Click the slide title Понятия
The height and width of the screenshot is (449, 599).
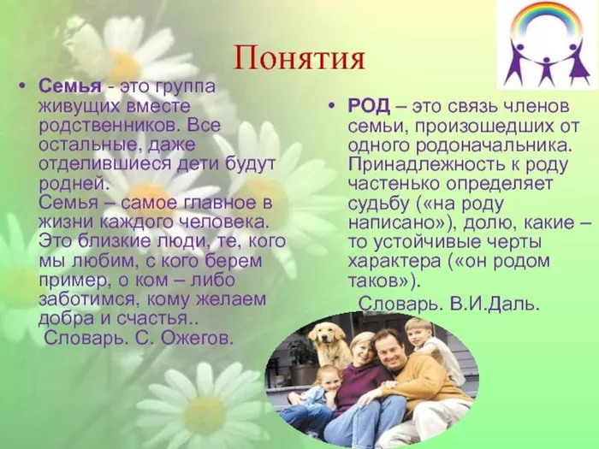[x=299, y=57]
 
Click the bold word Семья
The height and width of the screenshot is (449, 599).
[x=70, y=86]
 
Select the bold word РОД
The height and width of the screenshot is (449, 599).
[x=369, y=106]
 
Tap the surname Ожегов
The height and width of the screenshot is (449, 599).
[x=197, y=338]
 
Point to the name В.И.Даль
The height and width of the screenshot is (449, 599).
[x=494, y=304]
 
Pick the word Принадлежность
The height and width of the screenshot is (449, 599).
[x=424, y=165]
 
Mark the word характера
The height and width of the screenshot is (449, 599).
[x=394, y=262]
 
